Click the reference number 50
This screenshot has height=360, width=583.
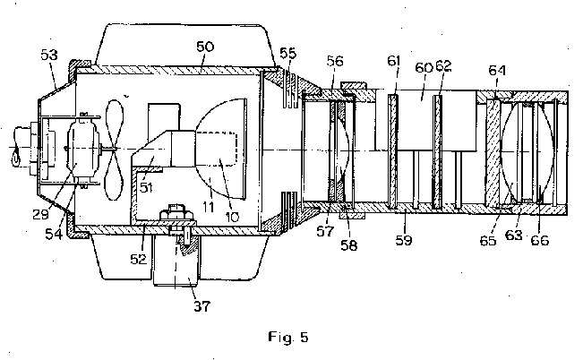205,47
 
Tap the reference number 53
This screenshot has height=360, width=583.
49,55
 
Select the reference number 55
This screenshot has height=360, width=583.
288,54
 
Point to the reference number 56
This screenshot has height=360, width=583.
335,61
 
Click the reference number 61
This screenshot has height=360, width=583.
393,61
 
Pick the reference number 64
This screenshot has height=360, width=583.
497,70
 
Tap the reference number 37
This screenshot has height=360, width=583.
201,306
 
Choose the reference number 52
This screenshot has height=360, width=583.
139,259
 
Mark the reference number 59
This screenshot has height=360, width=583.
404,240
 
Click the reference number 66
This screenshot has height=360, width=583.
540,240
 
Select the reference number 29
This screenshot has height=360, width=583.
40,214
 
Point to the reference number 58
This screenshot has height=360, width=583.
348,245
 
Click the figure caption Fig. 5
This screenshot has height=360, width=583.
288,338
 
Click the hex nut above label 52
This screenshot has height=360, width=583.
176,214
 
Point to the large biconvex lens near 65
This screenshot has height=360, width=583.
526,152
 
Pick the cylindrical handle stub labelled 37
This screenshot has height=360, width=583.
176,261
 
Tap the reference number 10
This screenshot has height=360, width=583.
232,218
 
